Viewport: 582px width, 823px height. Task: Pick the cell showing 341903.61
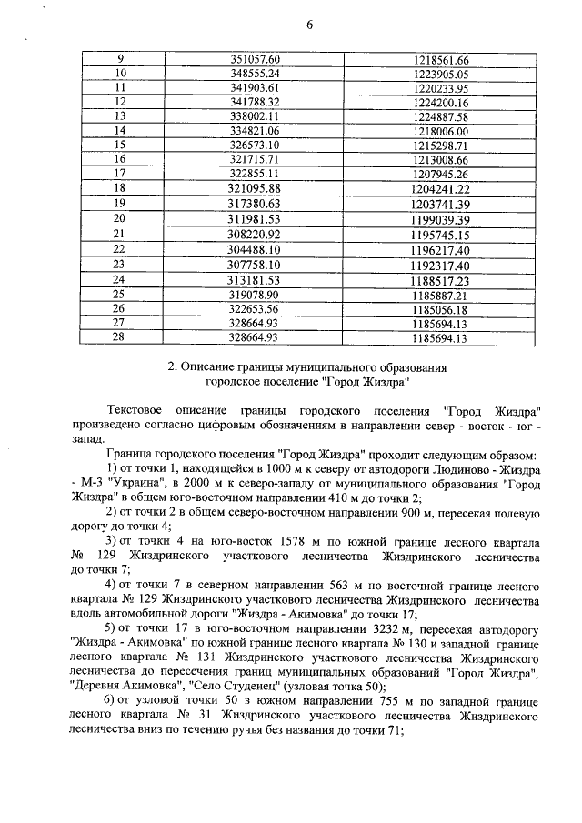point(256,87)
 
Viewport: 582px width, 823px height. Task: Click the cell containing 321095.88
point(256,188)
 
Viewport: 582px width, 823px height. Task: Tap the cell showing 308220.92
point(256,234)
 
